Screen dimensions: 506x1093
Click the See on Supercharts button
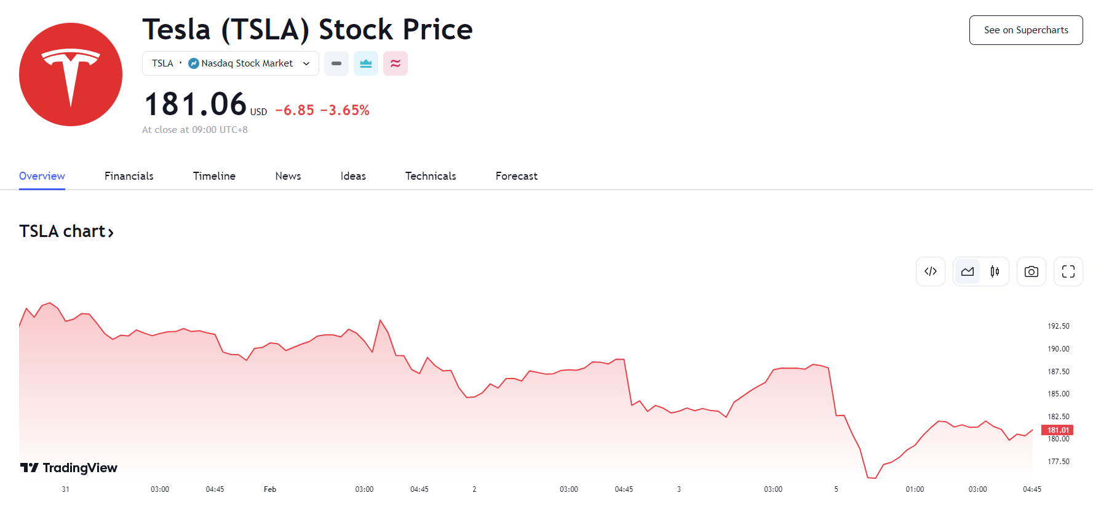point(1025,30)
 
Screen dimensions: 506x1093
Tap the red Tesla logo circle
point(71,74)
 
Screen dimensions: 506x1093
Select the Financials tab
point(129,176)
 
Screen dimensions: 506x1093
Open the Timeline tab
point(214,176)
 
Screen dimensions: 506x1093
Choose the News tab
point(288,176)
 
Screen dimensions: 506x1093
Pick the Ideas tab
point(353,176)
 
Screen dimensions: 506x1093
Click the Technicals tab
point(431,176)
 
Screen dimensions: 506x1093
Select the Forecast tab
point(516,176)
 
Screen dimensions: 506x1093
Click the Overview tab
point(42,176)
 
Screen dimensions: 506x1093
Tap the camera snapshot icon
point(1031,271)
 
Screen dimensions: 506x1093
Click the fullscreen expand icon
point(1068,271)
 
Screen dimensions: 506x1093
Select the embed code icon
point(930,271)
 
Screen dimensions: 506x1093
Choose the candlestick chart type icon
point(995,271)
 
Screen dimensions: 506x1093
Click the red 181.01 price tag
point(1057,430)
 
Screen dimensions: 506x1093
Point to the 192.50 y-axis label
point(1058,326)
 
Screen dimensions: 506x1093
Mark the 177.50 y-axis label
point(1058,462)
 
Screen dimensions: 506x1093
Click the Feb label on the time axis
point(270,489)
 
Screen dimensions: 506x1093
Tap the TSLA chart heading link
point(66,231)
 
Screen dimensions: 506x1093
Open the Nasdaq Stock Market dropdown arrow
point(306,63)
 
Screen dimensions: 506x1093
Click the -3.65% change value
point(344,110)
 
